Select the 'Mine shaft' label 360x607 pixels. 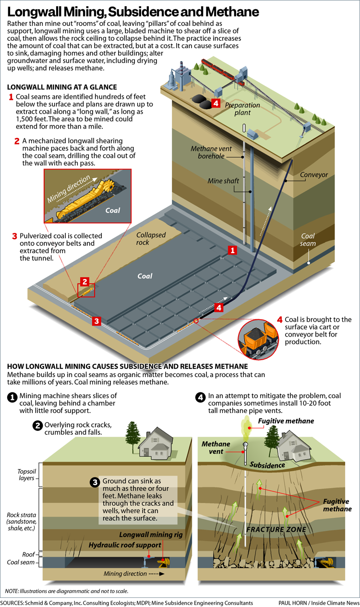[x=223, y=181]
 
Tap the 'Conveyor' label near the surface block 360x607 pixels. [x=314, y=175]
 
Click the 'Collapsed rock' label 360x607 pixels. [x=151, y=239]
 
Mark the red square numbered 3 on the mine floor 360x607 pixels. [x=96, y=321]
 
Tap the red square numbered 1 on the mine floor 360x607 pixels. [x=232, y=250]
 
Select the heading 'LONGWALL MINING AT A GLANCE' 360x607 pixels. [x=62, y=87]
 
